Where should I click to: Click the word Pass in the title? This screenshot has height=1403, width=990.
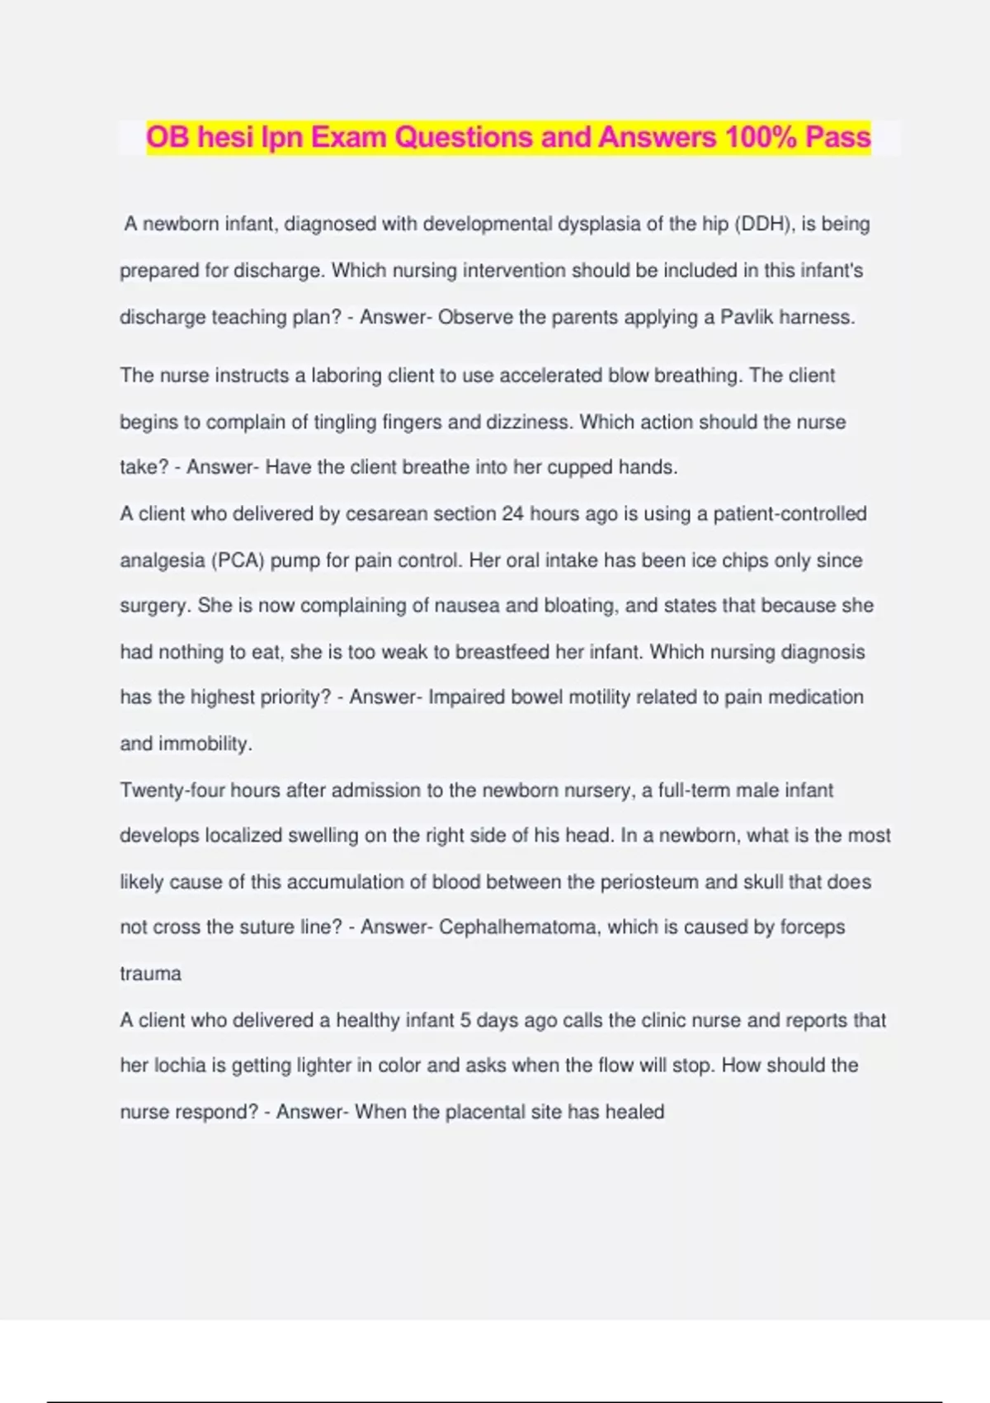click(837, 137)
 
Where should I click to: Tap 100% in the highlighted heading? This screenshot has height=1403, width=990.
click(759, 137)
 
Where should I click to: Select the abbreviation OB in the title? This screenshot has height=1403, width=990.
click(167, 137)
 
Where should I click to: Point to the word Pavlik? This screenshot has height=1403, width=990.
click(747, 318)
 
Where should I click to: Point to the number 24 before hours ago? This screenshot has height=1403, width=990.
click(512, 514)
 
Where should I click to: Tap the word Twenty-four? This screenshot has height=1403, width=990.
click(172, 791)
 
